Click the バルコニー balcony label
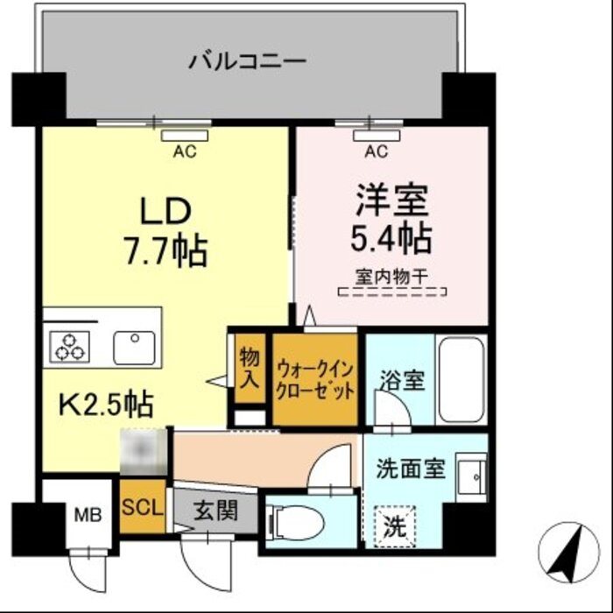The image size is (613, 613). coord(248,61)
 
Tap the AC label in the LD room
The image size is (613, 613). coord(184,151)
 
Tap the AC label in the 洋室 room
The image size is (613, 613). coord(376,151)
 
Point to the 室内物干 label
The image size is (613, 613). coord(391,276)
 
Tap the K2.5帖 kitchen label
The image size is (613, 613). coord(107,404)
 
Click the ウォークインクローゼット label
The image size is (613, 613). coord(315,378)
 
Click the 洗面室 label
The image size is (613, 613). coord(411,468)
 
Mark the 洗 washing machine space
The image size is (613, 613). coord(396,527)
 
